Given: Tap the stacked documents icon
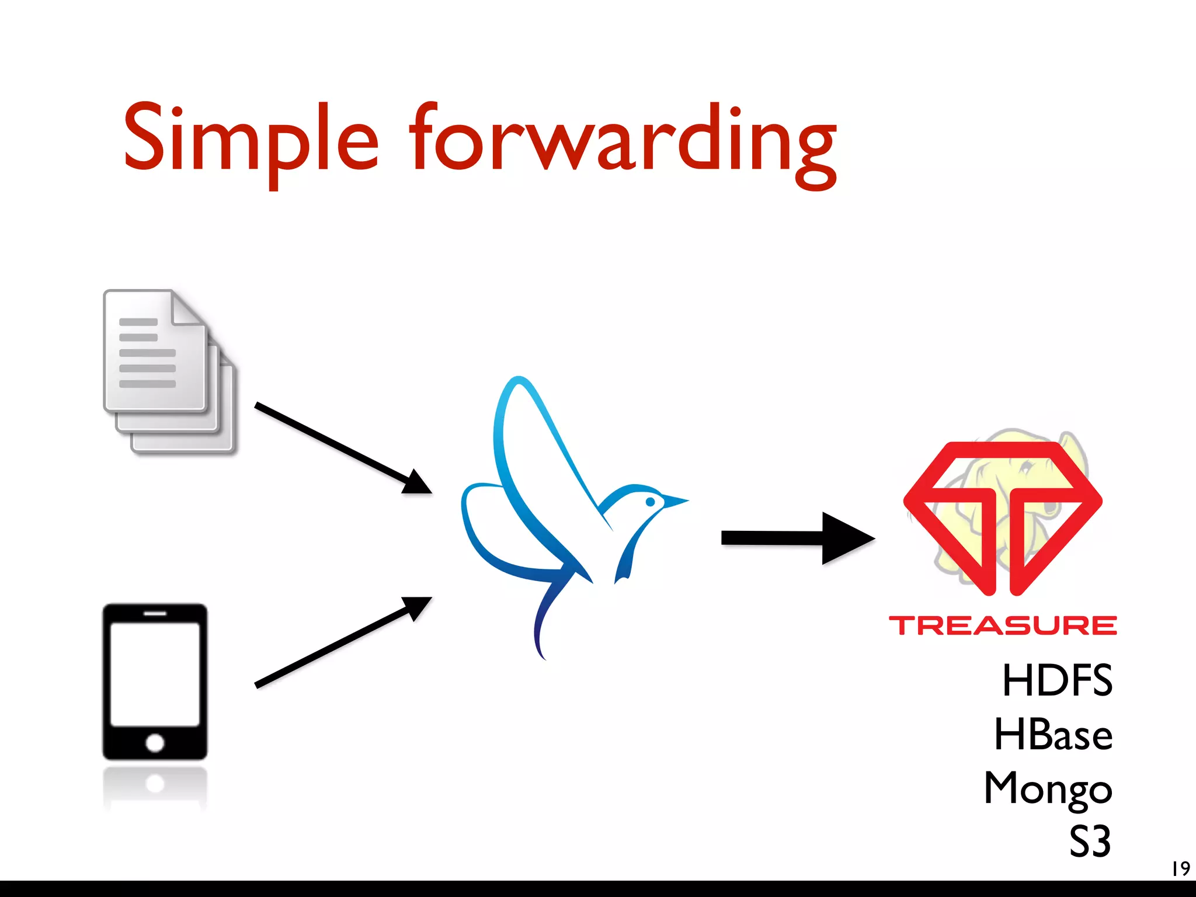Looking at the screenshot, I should click(169, 371).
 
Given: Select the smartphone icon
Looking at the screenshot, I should click(155, 682).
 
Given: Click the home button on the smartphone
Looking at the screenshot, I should click(155, 743).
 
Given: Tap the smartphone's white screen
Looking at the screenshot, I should click(155, 675).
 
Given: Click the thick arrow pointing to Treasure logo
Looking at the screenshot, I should click(797, 538).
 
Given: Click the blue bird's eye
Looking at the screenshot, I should click(650, 502).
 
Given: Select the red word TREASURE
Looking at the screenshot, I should click(1002, 625).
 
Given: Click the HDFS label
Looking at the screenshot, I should click(1057, 680).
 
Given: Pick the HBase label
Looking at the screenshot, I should click(1053, 734).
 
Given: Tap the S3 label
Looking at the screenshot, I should click(1090, 842).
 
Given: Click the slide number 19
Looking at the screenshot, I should click(1180, 868).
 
